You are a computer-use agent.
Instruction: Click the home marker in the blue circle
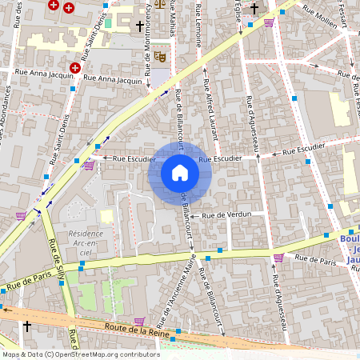pyautogui.click(x=180, y=173)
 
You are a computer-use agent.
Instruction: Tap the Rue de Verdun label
pyautogui.click(x=226, y=215)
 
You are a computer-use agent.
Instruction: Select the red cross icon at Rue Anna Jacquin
pyautogui.click(x=75, y=68)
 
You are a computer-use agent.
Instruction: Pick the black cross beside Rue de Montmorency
pyautogui.click(x=139, y=26)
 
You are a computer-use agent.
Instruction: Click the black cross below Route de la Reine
pyautogui.click(x=27, y=326)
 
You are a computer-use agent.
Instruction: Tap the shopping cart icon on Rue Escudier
pyautogui.click(x=89, y=166)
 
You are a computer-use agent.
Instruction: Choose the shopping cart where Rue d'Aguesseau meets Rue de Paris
pyautogui.click(x=278, y=258)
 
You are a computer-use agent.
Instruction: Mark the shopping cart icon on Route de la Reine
pyautogui.click(x=20, y=216)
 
